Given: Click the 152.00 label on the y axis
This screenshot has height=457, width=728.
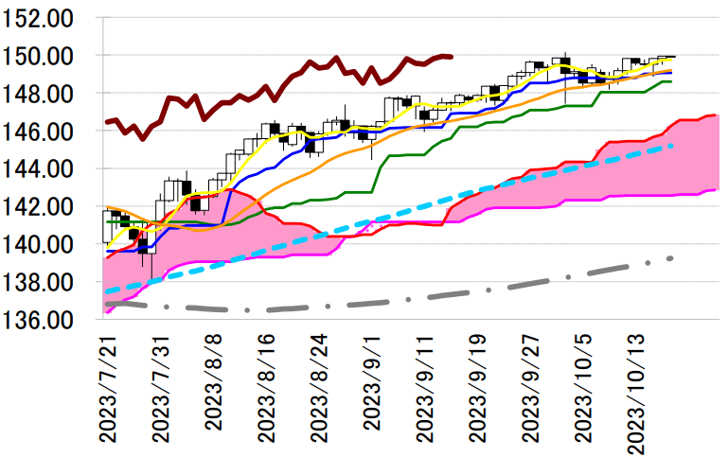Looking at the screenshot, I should [46, 19].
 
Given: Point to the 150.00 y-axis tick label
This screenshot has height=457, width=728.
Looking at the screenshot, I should [46, 57].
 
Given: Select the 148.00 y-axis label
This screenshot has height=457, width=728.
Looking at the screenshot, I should [46, 95].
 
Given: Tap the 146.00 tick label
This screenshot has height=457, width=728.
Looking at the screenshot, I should [46, 132].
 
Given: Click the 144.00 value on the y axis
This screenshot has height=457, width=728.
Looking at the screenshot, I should [46, 169].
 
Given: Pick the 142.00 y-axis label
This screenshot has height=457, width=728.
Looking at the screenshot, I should [46, 207].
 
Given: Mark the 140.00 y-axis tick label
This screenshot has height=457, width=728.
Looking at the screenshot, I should [46, 245].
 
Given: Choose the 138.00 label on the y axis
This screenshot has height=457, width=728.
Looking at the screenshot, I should [46, 282].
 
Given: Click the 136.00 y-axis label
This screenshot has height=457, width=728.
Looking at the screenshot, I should [46, 320].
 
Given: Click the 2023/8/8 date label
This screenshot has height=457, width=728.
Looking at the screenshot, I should [213, 384].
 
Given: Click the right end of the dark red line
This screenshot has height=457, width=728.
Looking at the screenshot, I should [452, 56].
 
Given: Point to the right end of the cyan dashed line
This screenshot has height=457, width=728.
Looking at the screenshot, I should [672, 146].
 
